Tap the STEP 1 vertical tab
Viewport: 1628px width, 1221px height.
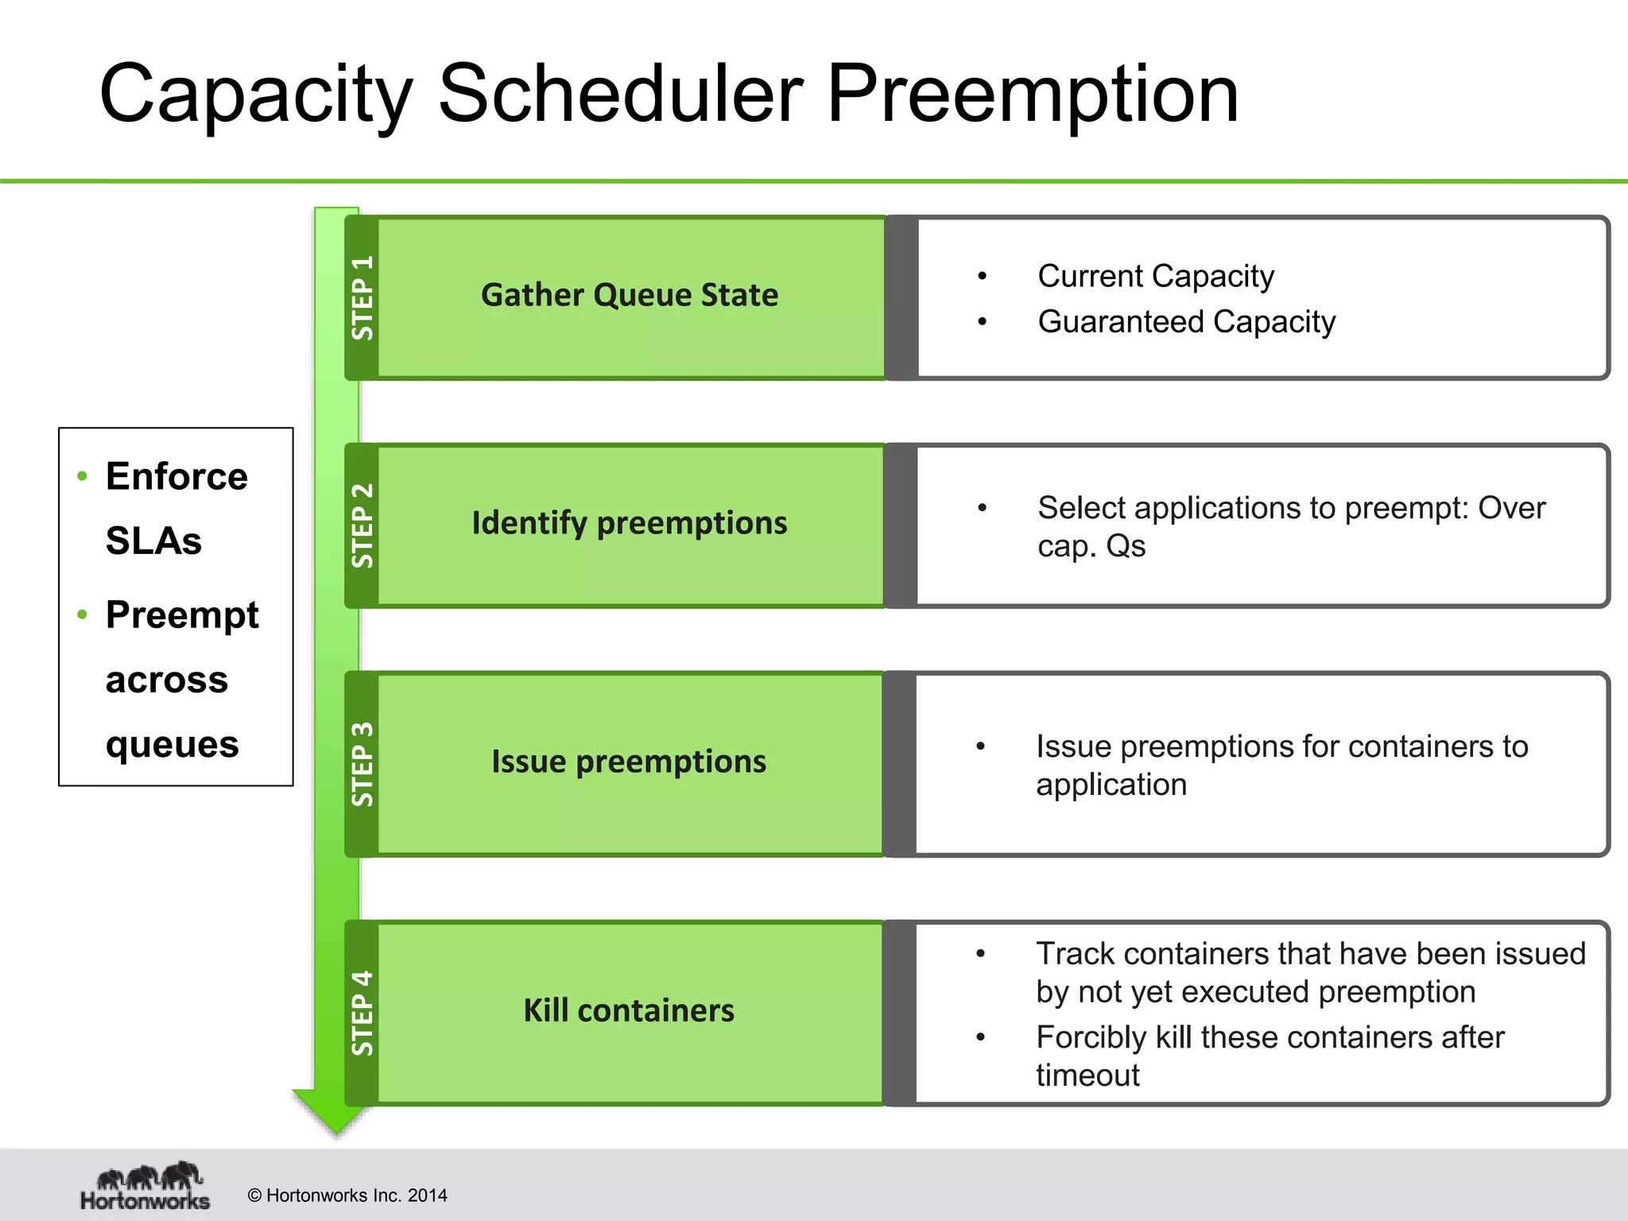pyautogui.click(x=362, y=297)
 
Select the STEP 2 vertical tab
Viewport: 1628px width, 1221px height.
pyautogui.click(x=362, y=525)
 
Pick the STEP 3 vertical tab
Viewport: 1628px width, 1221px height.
pyautogui.click(x=362, y=763)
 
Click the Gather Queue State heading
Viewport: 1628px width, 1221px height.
pyautogui.click(x=629, y=296)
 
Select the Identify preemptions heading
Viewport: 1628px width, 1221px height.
pyautogui.click(x=629, y=523)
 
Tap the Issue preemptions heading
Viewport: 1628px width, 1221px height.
pyautogui.click(x=629, y=762)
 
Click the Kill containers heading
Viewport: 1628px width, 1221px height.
pyautogui.click(x=629, y=1010)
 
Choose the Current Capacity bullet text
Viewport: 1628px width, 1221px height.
pyautogui.click(x=1155, y=277)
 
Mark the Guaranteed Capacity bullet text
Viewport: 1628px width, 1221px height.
pyautogui.click(x=1186, y=322)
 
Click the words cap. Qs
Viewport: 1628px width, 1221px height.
pyautogui.click(x=1091, y=546)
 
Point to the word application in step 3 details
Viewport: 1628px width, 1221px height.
pyautogui.click(x=1111, y=785)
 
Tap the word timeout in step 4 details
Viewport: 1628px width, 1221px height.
pyautogui.click(x=1087, y=1076)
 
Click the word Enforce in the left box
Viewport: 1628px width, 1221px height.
pyautogui.click(x=176, y=477)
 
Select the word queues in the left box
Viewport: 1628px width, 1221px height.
pyautogui.click(x=172, y=744)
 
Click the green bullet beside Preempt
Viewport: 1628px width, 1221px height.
pyautogui.click(x=82, y=614)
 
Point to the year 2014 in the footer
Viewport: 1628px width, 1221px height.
pyautogui.click(x=427, y=1196)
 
